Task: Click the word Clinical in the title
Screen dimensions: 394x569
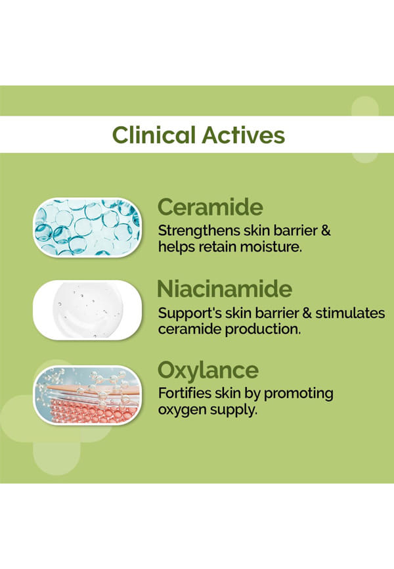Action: tap(154, 135)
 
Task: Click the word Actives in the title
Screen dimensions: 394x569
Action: tap(243, 135)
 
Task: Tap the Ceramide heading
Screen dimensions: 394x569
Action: tap(210, 207)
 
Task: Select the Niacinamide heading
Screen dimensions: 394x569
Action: tap(225, 289)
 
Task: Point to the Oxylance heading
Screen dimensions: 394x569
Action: tap(208, 371)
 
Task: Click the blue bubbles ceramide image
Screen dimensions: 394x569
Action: tap(87, 227)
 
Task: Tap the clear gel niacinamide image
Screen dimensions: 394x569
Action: tap(87, 310)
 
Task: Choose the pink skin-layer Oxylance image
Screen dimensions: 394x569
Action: tap(87, 395)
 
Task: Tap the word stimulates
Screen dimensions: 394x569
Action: tap(350, 313)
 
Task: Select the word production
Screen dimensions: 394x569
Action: tap(263, 329)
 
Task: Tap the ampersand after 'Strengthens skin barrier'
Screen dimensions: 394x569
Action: tap(326, 231)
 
